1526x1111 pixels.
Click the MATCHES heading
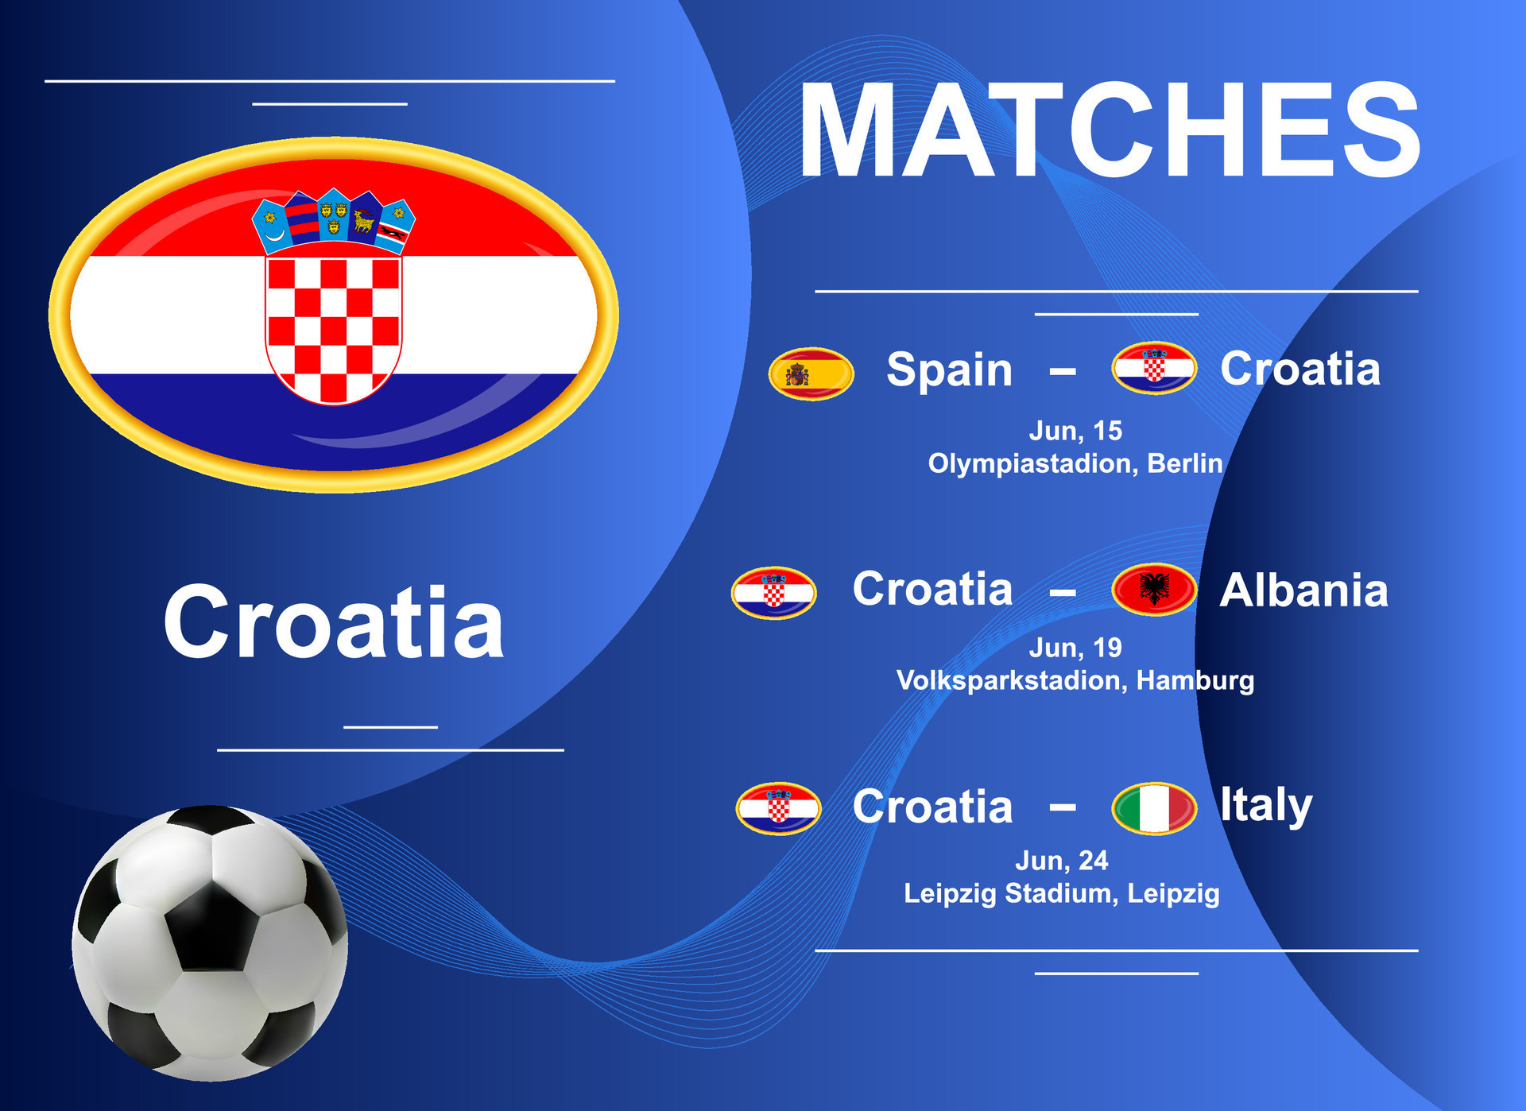[x=1110, y=130]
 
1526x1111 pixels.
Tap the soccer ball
[x=210, y=943]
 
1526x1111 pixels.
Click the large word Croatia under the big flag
[x=334, y=621]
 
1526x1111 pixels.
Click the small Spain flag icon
[x=811, y=374]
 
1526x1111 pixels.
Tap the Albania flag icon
[x=1154, y=590]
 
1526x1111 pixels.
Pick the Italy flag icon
[x=1154, y=808]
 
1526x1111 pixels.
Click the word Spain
[x=950, y=370]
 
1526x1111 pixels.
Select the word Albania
[x=1304, y=590]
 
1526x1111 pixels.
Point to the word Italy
[x=1266, y=806]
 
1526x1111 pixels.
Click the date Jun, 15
[x=1075, y=431]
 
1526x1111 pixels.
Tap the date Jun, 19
[x=1075, y=648]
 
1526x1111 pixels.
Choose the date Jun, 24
[x=1062, y=861]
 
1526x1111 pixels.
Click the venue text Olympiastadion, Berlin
[x=1075, y=463]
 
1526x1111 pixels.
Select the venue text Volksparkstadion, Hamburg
[x=1075, y=681]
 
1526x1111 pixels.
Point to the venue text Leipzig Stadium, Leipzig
[x=1062, y=894]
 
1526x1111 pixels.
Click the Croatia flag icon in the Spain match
[x=1154, y=368]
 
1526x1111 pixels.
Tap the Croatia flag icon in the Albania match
[x=774, y=593]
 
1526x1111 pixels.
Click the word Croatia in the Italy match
[x=933, y=807]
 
